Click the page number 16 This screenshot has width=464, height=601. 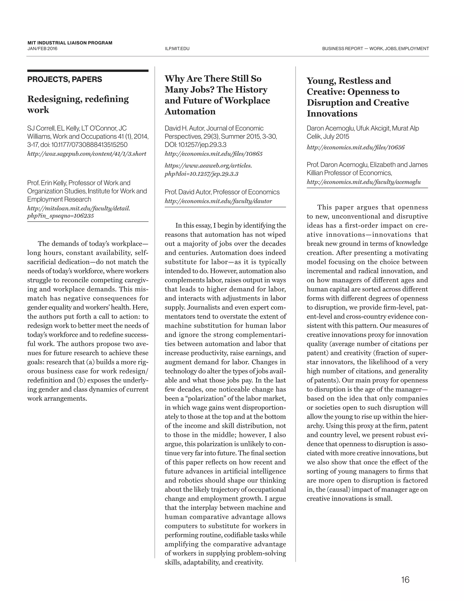405,580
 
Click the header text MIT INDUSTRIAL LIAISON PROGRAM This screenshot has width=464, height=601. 70,43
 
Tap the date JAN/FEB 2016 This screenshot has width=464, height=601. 42,49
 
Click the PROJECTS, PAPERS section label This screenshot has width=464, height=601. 65,80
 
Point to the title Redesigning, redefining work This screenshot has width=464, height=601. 78,104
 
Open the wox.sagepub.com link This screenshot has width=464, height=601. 87,154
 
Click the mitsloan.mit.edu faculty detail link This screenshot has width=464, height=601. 79,212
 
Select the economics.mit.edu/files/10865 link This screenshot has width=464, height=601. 214,154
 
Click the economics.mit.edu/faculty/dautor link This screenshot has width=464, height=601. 218,201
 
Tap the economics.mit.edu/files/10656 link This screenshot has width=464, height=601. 356,147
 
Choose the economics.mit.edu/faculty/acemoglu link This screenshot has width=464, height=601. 364,182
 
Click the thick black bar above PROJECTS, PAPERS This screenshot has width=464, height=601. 88,71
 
